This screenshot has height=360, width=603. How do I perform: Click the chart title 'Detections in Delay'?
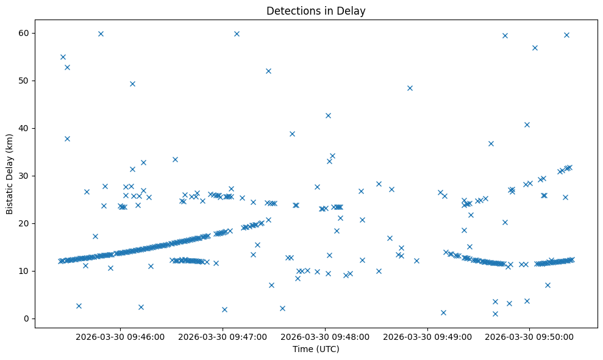pyautogui.click(x=316, y=10)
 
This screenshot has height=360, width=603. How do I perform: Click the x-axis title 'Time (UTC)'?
pyautogui.click(x=316, y=349)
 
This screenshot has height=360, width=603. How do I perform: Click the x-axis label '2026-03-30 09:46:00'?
pyautogui.click(x=120, y=336)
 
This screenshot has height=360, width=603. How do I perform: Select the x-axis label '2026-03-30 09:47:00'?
pyautogui.click(x=223, y=336)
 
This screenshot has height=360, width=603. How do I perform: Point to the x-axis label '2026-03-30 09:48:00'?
pyautogui.click(x=325, y=336)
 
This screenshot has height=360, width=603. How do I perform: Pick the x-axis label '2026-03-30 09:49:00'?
pyautogui.click(x=427, y=336)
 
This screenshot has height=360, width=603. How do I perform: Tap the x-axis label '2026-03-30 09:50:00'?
pyautogui.click(x=530, y=336)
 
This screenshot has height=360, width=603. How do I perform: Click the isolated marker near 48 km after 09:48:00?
pyautogui.click(x=410, y=88)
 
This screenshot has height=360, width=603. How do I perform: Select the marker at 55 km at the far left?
pyautogui.click(x=63, y=57)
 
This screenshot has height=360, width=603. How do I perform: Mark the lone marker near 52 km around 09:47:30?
pyautogui.click(x=268, y=71)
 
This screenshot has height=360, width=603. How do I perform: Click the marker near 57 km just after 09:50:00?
pyautogui.click(x=535, y=48)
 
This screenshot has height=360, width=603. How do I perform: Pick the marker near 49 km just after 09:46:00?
pyautogui.click(x=132, y=84)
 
